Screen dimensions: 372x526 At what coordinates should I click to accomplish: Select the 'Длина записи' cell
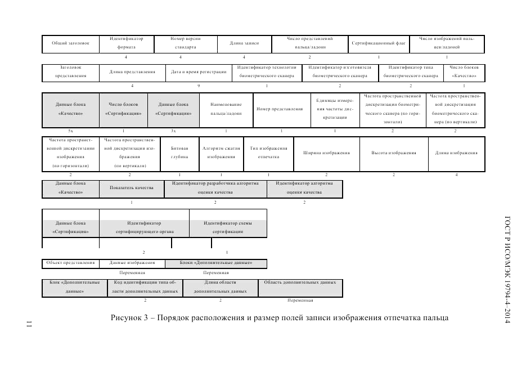tap(244, 43)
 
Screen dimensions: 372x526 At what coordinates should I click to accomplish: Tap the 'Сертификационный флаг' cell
tap(379, 43)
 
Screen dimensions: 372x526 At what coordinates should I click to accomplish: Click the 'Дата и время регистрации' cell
tap(199, 72)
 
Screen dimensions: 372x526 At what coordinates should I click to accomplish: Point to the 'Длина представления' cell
tap(132, 72)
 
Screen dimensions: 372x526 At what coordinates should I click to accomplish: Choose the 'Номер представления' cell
tap(280, 109)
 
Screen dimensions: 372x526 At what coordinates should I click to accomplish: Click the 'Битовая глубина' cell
tap(179, 153)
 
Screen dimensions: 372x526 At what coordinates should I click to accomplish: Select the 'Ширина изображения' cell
tap(326, 153)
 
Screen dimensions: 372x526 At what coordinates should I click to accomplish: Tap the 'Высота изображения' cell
tap(394, 153)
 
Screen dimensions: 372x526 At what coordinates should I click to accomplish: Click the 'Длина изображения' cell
tap(456, 153)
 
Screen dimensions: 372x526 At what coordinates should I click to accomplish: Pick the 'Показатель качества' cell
tap(132, 188)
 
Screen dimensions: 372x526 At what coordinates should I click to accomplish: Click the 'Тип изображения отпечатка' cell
tap(268, 153)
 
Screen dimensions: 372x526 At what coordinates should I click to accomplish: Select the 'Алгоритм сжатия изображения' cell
tap(221, 153)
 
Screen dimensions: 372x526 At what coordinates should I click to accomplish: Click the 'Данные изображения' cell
tap(132, 263)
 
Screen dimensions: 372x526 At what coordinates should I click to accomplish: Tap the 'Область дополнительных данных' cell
tap(300, 283)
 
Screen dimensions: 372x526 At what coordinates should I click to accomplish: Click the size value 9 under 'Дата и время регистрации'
tap(199, 86)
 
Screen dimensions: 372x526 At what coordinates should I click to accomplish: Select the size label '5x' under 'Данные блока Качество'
tap(70, 131)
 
